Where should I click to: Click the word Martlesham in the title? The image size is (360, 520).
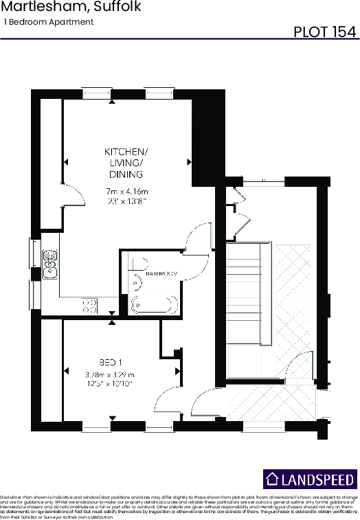(x=32, y=8)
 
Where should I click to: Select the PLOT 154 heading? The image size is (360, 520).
(x=324, y=32)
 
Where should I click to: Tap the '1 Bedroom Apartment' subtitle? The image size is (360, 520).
(x=49, y=22)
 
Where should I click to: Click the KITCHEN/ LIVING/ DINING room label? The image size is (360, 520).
(x=126, y=162)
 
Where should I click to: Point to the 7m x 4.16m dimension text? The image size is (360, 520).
(x=127, y=191)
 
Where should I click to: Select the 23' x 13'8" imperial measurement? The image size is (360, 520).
(x=127, y=201)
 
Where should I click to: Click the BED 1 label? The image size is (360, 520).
(x=110, y=363)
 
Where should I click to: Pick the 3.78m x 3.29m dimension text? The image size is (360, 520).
(x=110, y=374)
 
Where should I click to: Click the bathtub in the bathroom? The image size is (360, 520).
(x=155, y=304)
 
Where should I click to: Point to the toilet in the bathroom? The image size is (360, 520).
(x=138, y=264)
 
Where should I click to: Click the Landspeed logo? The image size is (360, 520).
(x=311, y=479)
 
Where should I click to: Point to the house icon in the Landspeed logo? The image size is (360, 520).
(x=273, y=479)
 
